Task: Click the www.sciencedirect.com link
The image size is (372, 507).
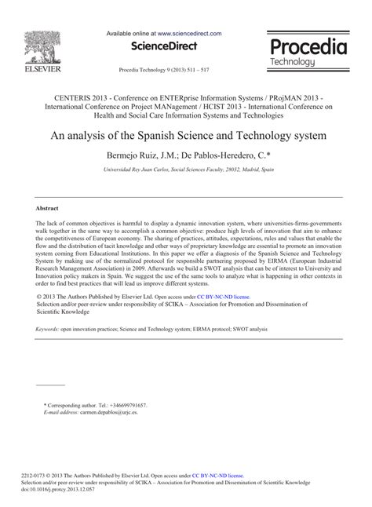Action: tap(189, 35)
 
